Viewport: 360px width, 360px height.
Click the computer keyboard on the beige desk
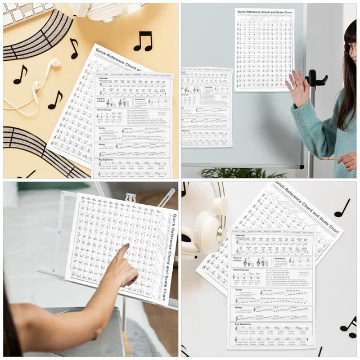[25, 12]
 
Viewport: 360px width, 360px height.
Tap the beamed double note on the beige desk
[143, 41]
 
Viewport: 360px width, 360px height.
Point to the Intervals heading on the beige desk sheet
[105, 79]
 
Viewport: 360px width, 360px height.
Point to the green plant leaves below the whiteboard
[225, 173]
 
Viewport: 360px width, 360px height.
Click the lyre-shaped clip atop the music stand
[130, 197]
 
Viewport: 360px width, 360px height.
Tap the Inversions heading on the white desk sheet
[280, 259]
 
